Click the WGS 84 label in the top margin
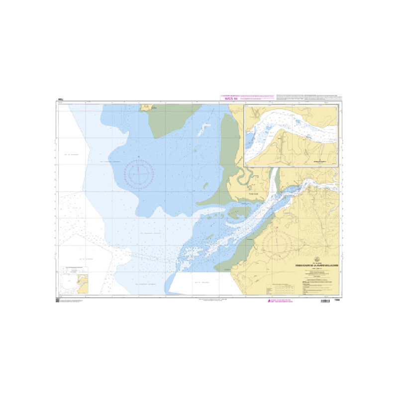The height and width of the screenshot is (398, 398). pyautogui.click(x=229, y=99)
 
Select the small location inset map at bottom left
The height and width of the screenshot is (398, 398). pyautogui.click(x=75, y=280)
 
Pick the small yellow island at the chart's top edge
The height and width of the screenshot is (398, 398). pyautogui.click(x=147, y=107)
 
